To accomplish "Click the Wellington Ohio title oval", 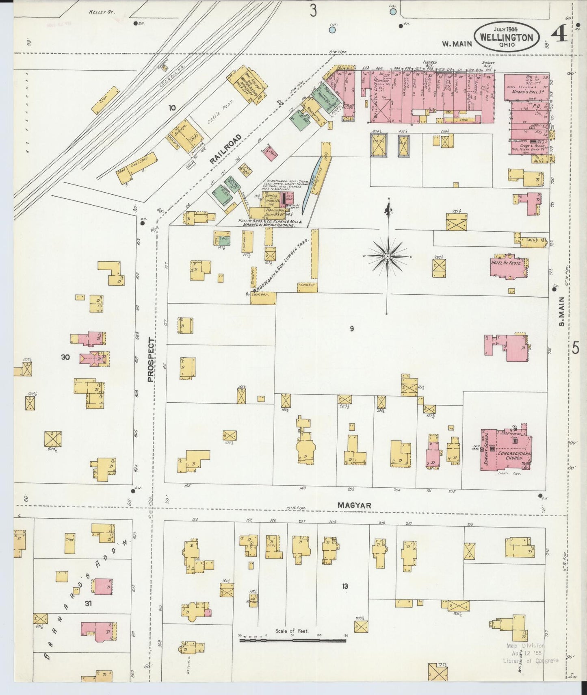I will coord(506,37).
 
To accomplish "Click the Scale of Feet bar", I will coord(292,641).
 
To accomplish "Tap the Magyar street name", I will coord(354,505).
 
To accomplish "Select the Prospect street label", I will coord(151,360).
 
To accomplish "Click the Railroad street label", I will coord(225,149).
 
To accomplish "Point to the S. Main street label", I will coord(562,311).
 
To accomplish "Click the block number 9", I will coord(352,328).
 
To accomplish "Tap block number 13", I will coord(345,586).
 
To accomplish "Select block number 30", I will coord(65,357).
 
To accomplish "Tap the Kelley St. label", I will coord(102,12).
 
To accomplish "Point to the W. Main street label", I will coord(457,43).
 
